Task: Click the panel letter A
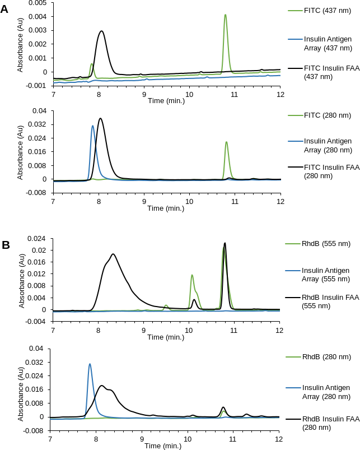[x=4, y=8]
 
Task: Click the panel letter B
[x=6, y=245]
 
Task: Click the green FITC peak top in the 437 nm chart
[x=225, y=15]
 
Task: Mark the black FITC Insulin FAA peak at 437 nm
[x=101, y=31]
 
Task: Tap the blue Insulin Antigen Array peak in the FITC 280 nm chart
[x=92, y=126]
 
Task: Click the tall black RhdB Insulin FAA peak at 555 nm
[x=225, y=243]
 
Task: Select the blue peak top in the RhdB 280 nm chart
[x=90, y=364]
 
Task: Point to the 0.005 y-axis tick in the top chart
[x=40, y=3]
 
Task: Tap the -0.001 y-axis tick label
[x=39, y=85]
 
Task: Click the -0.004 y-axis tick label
[x=39, y=321]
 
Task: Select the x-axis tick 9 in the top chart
[x=144, y=94]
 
